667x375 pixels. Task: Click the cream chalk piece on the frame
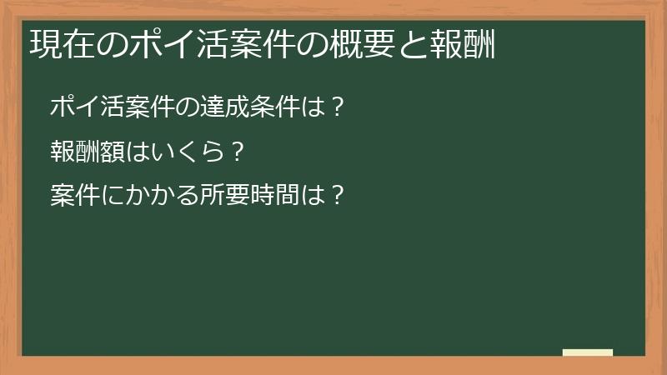[588, 352]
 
